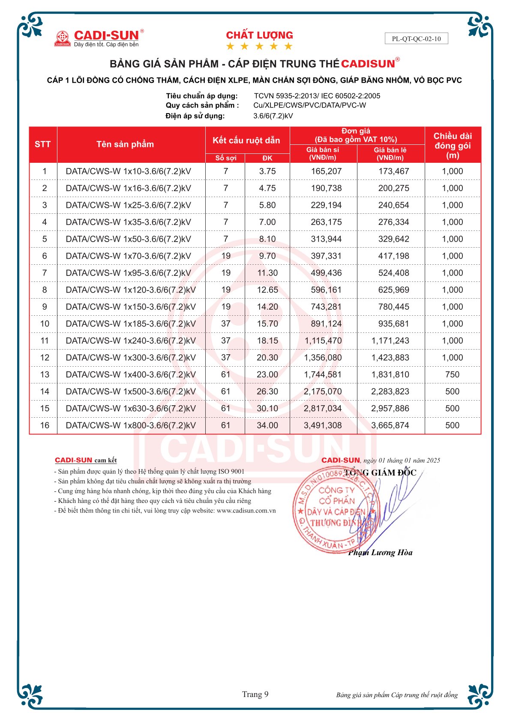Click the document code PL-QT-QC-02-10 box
point(416,39)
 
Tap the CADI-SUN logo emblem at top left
point(63,38)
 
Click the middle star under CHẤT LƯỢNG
point(259,46)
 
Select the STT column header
point(43,144)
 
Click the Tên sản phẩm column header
point(125,144)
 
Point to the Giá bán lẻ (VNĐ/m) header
point(390,154)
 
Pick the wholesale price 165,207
point(326,171)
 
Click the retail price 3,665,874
point(390,425)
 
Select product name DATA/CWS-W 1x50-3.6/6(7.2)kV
point(128,239)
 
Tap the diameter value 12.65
point(267,290)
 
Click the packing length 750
point(452,374)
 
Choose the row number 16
point(45,425)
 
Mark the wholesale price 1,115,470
point(323,341)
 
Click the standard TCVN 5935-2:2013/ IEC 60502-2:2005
point(317,96)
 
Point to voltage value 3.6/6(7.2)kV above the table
point(273,116)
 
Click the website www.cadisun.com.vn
point(246,511)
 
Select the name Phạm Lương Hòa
point(380,553)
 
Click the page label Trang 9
point(255,694)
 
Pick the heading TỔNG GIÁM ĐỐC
point(380,473)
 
